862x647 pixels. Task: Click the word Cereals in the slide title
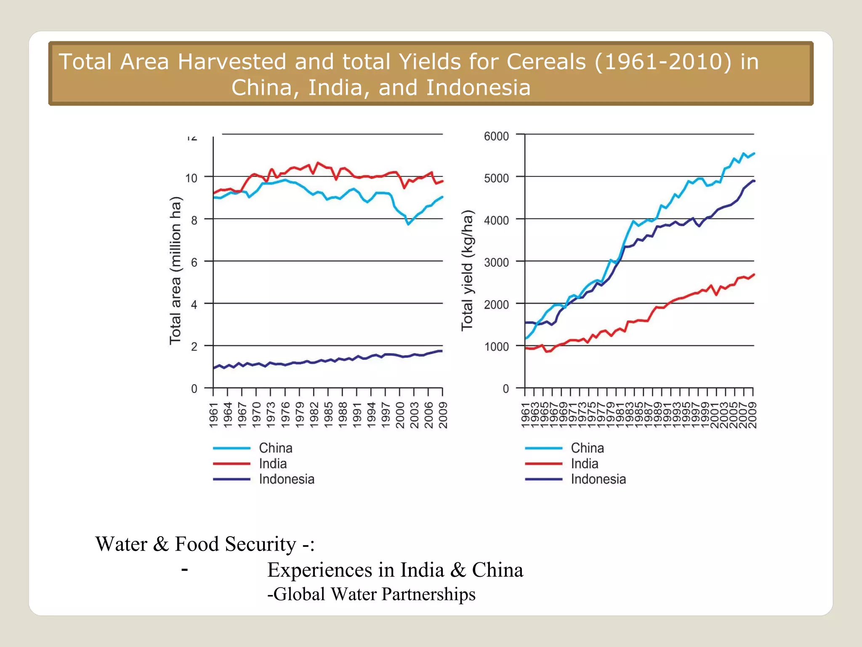click(x=546, y=62)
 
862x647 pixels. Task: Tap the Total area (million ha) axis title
click(x=175, y=270)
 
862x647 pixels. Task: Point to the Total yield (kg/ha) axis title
click(x=467, y=270)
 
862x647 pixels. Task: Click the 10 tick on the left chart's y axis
click(x=191, y=178)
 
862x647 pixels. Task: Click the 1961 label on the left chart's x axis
click(x=214, y=415)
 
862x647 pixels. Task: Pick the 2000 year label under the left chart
click(x=400, y=415)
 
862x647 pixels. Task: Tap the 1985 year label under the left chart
click(x=328, y=415)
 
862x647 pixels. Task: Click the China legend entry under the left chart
click(x=275, y=448)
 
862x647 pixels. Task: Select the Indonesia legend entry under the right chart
click(x=598, y=479)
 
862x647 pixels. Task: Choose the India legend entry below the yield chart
click(x=584, y=463)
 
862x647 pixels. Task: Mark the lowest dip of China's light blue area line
click(x=408, y=225)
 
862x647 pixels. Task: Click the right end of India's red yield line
click(x=754, y=275)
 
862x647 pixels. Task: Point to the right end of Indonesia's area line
click(x=442, y=351)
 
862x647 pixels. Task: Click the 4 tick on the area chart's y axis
click(x=194, y=305)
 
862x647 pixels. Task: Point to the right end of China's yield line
click(x=754, y=154)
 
